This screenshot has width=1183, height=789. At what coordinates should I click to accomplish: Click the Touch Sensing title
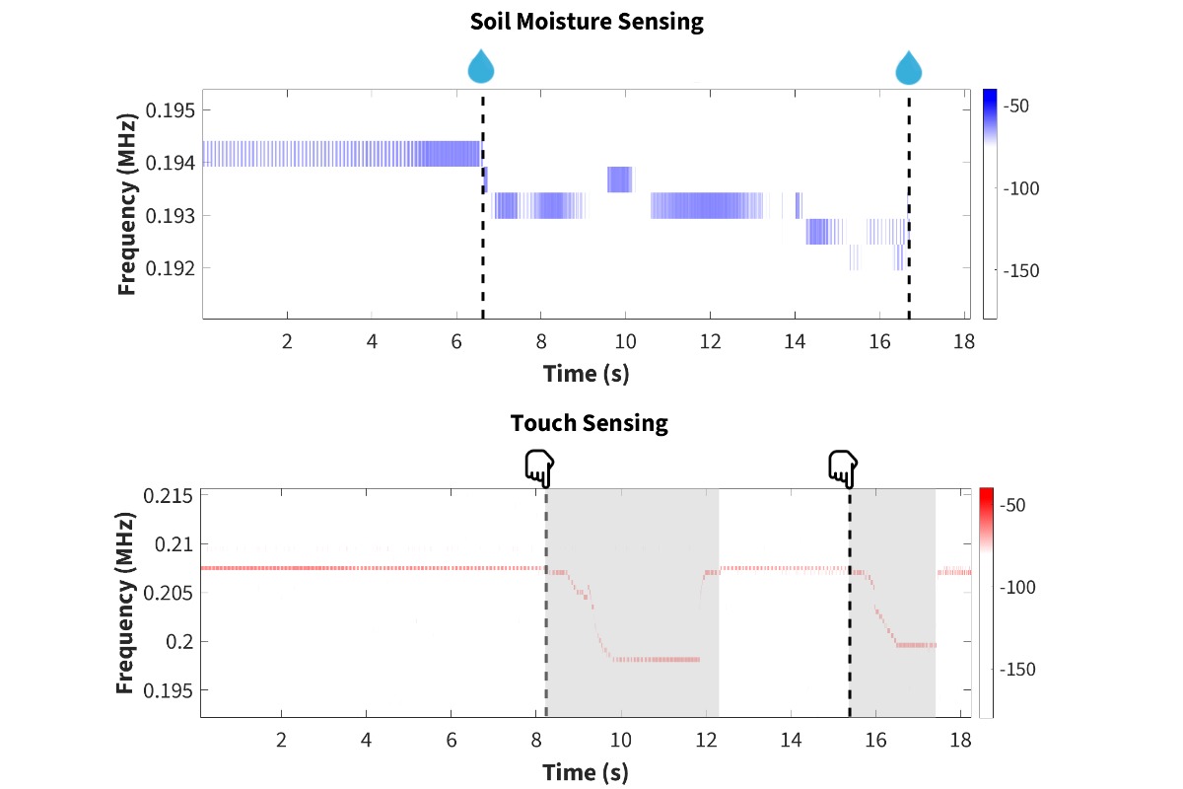(589, 423)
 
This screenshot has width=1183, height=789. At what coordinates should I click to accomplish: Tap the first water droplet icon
(481, 67)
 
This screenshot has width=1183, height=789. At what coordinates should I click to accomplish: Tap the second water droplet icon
(908, 67)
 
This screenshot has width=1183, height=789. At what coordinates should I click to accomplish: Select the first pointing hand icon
(539, 468)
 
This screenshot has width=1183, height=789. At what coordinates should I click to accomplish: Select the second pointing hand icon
(843, 468)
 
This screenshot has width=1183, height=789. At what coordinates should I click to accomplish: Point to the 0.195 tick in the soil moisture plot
(172, 109)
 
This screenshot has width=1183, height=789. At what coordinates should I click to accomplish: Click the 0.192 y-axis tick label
(172, 267)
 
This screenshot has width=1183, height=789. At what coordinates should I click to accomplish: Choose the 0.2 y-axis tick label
(179, 642)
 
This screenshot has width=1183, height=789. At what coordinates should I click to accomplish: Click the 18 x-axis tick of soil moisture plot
(963, 342)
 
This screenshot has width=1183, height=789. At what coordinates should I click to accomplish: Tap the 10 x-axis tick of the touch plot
(621, 740)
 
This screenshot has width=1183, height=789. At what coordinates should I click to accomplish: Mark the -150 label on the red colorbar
(1015, 670)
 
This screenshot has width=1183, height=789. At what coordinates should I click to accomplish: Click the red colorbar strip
(986, 602)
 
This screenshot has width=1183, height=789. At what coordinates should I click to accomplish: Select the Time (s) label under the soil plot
(586, 374)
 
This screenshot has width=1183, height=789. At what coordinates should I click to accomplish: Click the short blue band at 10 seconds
(619, 179)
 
